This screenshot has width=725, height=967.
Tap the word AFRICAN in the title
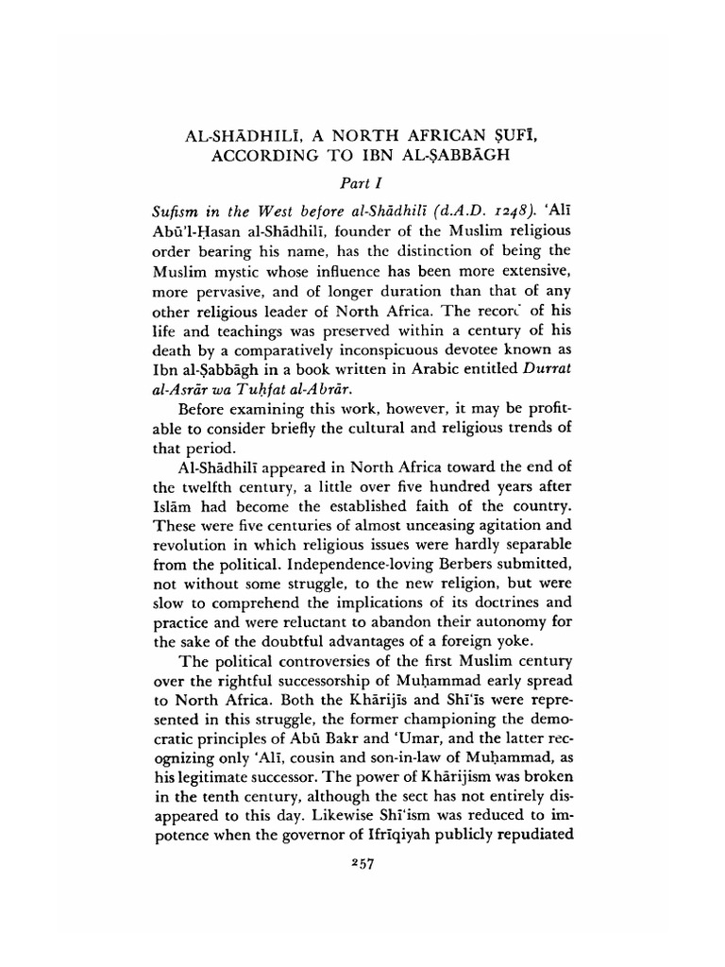[426, 132]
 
